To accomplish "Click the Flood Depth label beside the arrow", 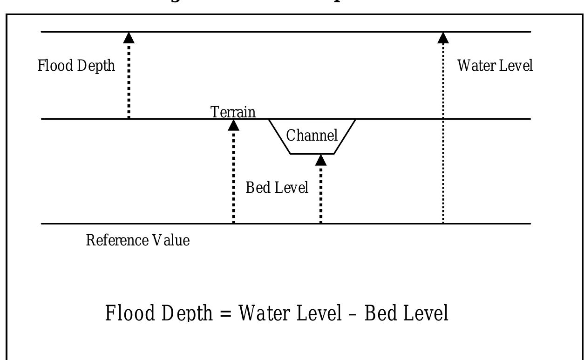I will [76, 66].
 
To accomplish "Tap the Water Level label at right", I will [495, 66].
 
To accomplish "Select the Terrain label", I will [233, 112].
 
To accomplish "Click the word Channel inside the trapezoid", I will [312, 136].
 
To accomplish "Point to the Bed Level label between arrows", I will [277, 188].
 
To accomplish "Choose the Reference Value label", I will [138, 241].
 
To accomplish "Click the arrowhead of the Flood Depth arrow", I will [129, 38].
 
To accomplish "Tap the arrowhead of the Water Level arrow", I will [443, 38].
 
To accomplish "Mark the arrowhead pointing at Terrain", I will [234, 125].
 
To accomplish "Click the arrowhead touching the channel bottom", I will [321, 160].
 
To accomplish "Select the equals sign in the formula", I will [225, 313].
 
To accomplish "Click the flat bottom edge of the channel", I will [312, 154].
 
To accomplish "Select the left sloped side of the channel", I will [279, 136].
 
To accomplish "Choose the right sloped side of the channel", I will [345, 136].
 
